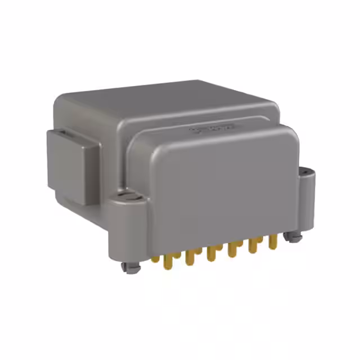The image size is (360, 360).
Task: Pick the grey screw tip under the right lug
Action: (292, 237)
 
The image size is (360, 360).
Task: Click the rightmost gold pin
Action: (273, 241)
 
